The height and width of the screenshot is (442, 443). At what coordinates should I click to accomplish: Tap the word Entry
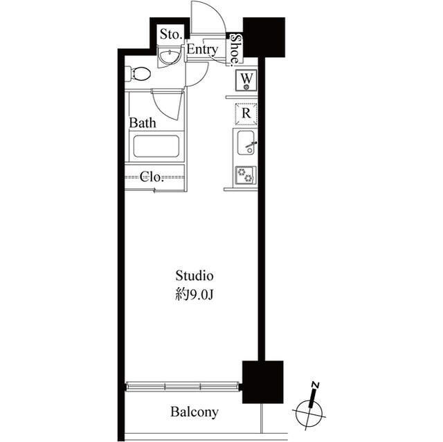point(202,50)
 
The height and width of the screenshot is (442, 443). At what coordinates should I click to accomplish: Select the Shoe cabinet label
point(236,50)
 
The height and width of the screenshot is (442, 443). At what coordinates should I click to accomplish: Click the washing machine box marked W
point(246,81)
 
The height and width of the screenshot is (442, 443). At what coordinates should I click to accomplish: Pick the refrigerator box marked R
point(246,113)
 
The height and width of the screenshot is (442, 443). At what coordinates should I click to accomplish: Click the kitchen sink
point(247,143)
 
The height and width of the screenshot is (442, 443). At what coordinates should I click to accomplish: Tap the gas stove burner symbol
point(246,175)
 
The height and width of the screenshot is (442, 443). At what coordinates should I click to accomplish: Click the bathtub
point(156,147)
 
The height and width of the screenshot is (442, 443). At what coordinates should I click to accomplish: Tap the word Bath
point(143,123)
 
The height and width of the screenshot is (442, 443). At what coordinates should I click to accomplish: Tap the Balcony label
point(194,412)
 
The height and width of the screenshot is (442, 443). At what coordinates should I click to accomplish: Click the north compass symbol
point(311,414)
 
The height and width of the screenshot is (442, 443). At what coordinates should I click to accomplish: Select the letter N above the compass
point(316,385)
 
